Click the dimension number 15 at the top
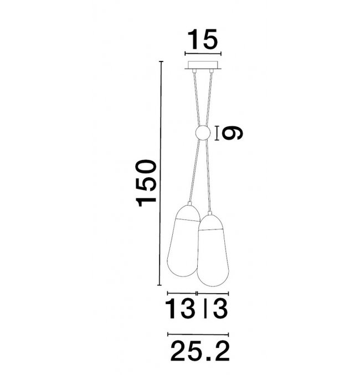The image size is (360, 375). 203,39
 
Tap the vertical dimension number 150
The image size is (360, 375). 146,183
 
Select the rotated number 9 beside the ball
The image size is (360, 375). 232,133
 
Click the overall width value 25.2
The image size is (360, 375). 200,351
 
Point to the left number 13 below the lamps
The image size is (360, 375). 181,309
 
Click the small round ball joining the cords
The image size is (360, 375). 203,133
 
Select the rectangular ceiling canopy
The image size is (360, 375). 203,65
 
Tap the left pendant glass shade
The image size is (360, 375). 184,240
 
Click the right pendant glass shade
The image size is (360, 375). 213,250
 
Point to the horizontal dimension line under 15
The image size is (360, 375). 203,54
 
